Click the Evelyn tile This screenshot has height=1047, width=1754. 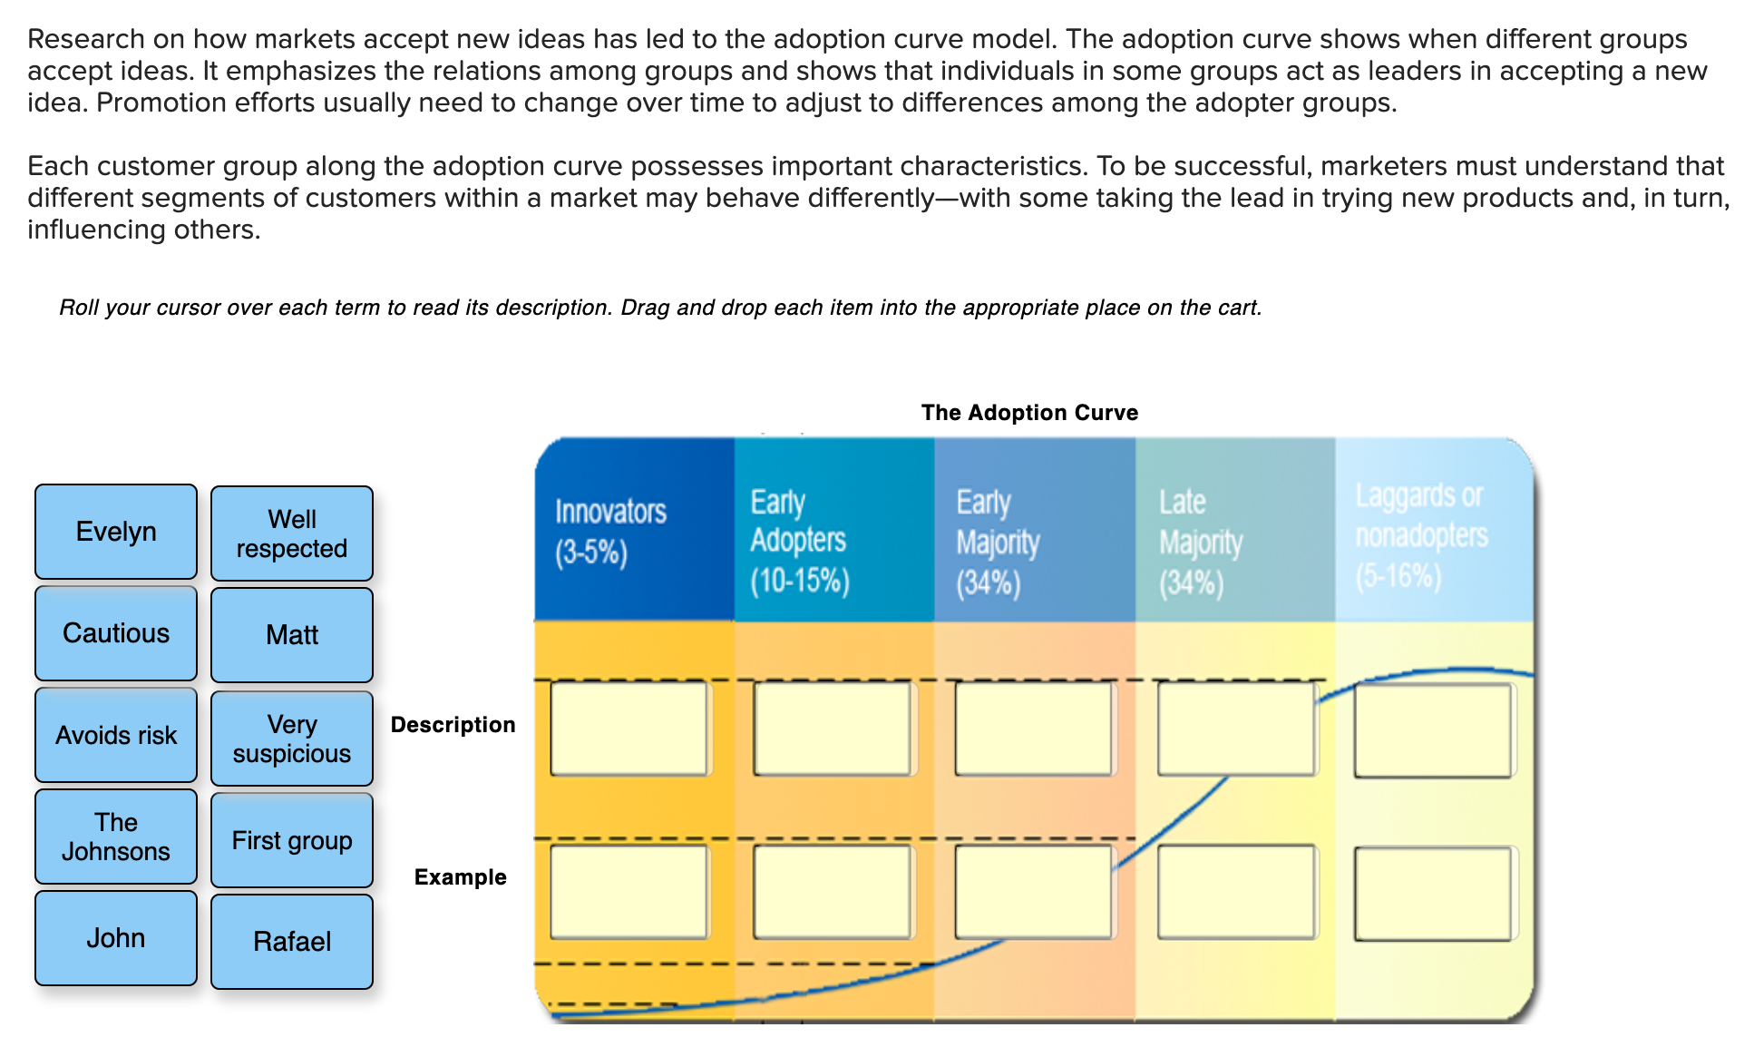coord(116,532)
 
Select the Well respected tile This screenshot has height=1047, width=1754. coord(292,533)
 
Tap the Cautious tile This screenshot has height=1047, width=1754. coord(116,633)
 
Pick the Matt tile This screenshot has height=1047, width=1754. coord(292,635)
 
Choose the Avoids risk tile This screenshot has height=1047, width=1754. coord(116,735)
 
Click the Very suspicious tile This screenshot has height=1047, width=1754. coord(292,739)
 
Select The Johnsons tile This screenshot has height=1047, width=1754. coord(116,837)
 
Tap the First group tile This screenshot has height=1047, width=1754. coord(292,840)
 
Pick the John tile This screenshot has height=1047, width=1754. coord(116,938)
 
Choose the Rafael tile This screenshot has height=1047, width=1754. coord(292,942)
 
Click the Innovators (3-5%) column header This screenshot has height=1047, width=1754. coord(634,531)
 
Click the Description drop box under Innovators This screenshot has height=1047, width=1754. coord(629,729)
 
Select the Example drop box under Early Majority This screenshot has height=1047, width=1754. coord(1034,892)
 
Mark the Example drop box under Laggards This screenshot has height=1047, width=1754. coord(1433,894)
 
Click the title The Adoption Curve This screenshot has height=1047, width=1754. coord(1029,413)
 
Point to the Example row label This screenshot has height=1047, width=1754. coord(460,877)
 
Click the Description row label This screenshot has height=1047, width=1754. coord(453,725)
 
